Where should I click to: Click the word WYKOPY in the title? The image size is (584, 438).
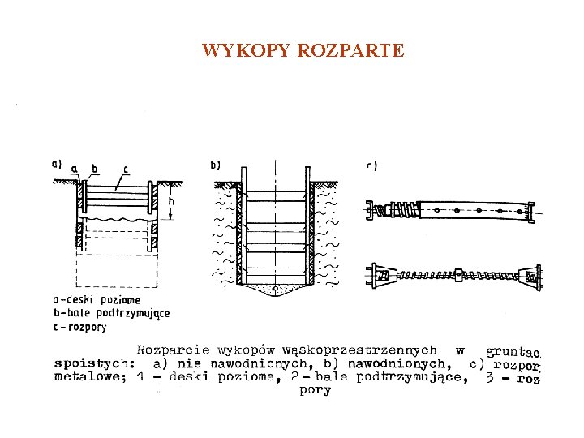247,51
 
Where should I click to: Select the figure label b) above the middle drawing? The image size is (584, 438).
215,165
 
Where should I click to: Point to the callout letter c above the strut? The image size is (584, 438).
125,169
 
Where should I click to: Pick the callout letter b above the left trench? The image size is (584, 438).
95,169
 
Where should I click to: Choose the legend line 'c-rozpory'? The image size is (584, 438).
79,327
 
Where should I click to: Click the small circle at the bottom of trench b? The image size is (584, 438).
276,288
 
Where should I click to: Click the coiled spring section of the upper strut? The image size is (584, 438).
403,211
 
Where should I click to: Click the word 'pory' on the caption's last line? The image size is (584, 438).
315,390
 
